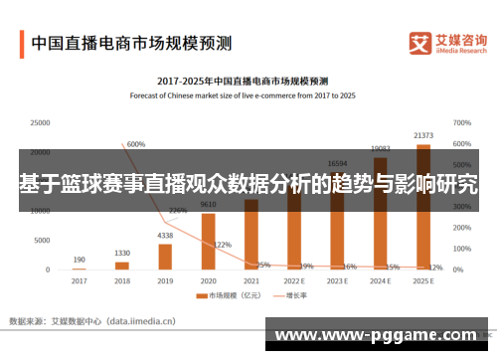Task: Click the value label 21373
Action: click(423, 135)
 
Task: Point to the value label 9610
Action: click(208, 205)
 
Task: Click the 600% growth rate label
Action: click(136, 144)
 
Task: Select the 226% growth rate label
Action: click(178, 211)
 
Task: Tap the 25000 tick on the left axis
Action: click(40, 123)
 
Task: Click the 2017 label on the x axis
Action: click(79, 281)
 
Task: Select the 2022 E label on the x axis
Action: click(294, 281)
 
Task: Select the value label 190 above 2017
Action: click(79, 261)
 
